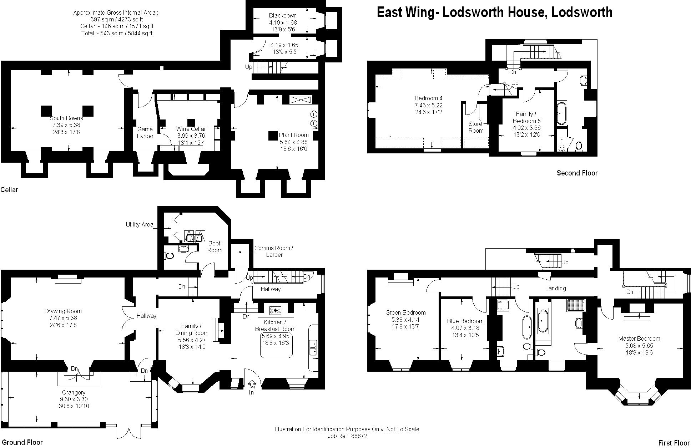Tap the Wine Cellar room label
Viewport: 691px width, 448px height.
191,129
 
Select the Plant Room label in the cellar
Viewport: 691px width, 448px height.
294,135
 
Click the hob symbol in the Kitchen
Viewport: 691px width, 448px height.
276,310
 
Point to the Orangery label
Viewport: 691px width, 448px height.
74,392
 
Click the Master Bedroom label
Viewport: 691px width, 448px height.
639,338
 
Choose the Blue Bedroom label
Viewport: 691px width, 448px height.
465,321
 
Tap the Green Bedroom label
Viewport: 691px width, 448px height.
405,312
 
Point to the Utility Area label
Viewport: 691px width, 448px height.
140,224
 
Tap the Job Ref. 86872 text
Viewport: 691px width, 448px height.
347,436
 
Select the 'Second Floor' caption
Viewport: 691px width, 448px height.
577,173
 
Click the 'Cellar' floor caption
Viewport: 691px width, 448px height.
9,190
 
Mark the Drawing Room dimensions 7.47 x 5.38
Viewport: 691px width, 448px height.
63,318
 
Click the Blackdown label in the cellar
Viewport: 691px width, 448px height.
283,15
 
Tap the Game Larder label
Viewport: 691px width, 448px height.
145,132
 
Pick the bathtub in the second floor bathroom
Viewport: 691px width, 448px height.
561,113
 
